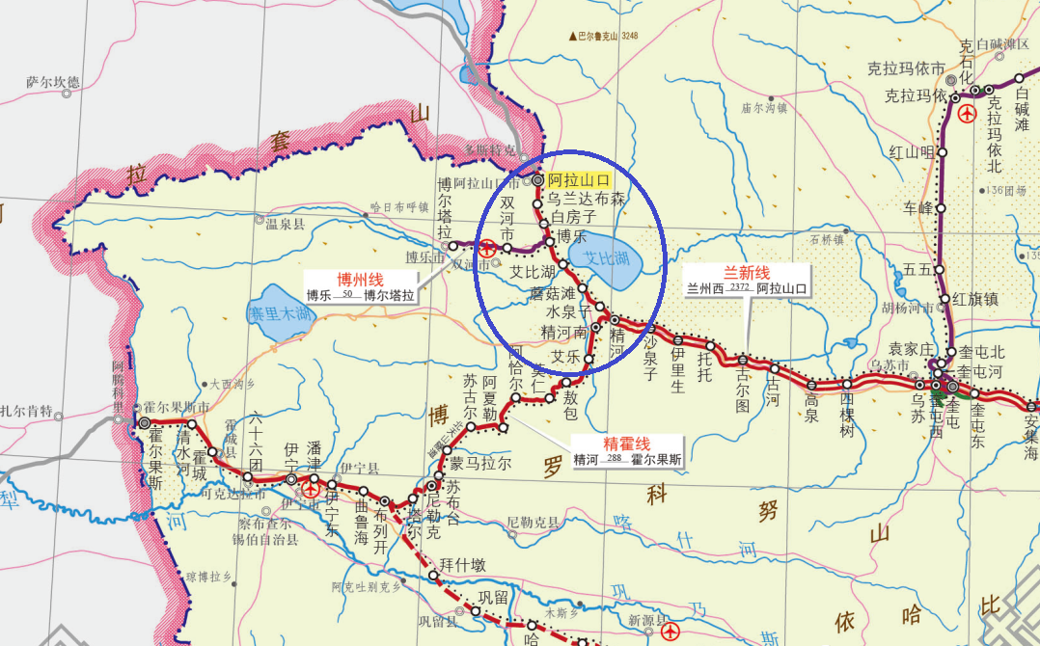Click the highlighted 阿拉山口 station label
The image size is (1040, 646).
[579, 180]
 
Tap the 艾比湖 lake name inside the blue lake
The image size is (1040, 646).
[599, 258]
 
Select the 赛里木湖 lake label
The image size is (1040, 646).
[280, 313]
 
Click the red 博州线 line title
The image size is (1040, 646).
[360, 279]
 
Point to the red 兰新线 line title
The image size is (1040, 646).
[747, 271]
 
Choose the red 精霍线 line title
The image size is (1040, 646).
[626, 443]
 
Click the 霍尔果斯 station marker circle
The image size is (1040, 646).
[145, 422]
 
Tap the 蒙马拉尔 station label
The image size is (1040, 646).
[479, 463]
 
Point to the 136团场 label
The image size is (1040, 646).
[1005, 190]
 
